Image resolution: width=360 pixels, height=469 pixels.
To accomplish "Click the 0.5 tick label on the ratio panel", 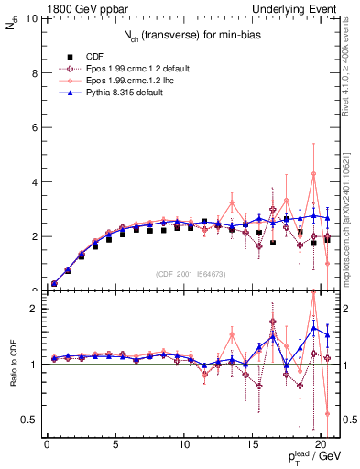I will [28, 420].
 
